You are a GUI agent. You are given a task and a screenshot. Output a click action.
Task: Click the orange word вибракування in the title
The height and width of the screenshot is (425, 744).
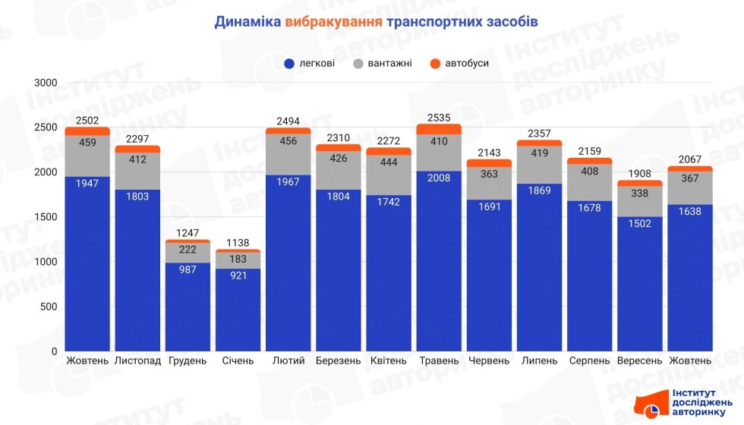333,21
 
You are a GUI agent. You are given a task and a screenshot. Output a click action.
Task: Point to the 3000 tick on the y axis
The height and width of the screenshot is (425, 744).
46,83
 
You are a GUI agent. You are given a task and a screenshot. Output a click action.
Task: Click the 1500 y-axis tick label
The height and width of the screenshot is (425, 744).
46,217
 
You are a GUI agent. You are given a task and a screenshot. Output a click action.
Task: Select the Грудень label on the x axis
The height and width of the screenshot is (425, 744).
188,360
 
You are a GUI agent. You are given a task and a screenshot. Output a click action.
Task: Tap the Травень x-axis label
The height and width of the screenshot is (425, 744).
439,360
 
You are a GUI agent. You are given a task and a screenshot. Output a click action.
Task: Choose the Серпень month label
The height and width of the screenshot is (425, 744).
589,360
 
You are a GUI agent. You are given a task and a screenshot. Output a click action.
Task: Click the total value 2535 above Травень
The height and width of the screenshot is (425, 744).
439,118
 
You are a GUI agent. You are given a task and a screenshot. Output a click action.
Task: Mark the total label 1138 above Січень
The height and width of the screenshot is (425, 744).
238,243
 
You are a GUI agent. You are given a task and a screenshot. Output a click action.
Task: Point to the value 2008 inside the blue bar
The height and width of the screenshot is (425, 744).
439,178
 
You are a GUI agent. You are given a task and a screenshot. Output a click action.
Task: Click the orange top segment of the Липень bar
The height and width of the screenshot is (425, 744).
539,143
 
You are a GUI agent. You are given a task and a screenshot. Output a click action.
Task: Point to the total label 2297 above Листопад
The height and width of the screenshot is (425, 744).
137,139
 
